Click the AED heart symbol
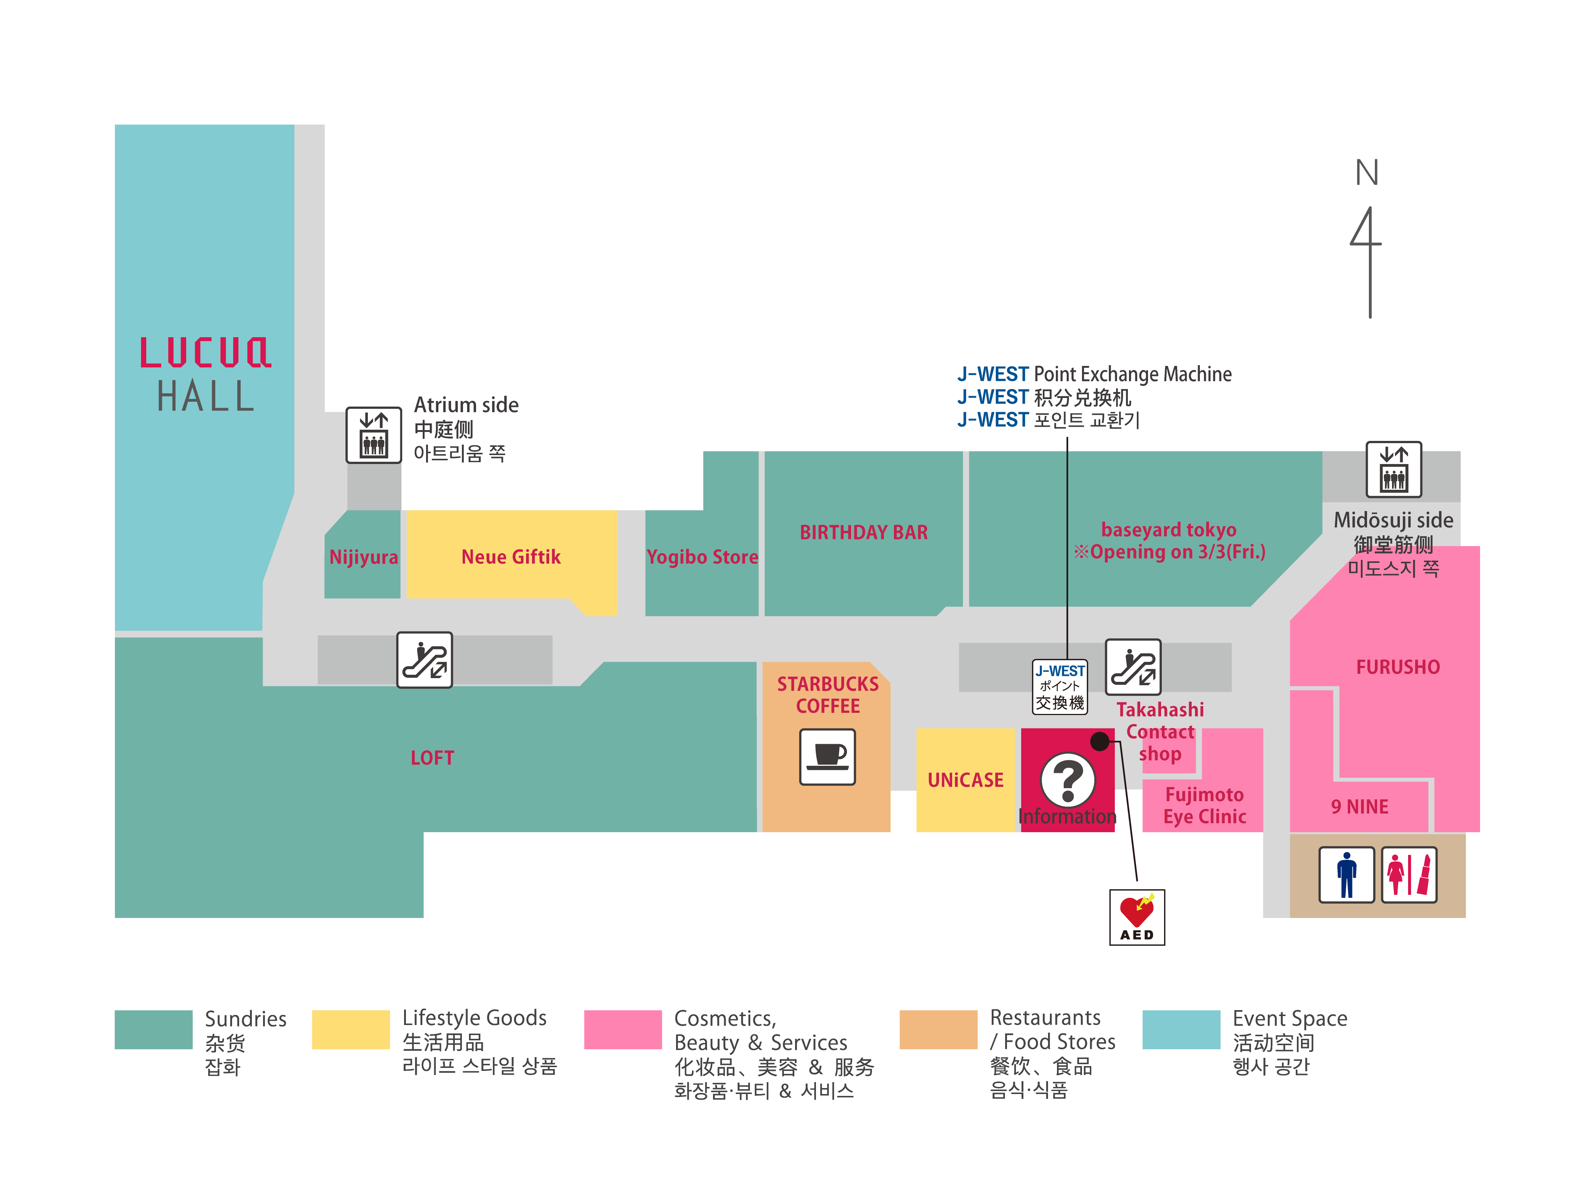click(x=1136, y=913)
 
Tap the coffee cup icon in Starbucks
click(x=828, y=756)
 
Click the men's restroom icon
click(x=1346, y=874)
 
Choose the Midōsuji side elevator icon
click(x=1394, y=469)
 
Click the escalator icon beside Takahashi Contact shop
click(x=1133, y=667)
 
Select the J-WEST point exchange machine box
click(x=1060, y=687)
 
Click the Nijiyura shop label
click(x=363, y=557)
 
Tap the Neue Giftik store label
click(x=511, y=557)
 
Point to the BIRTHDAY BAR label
click(x=864, y=533)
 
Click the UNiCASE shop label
click(x=965, y=780)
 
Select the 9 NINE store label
click(x=1360, y=807)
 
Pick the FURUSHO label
click(x=1398, y=667)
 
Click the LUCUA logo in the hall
click(x=205, y=352)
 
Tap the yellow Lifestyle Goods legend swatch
click(x=350, y=1029)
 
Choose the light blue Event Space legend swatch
click(x=1181, y=1029)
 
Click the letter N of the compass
click(x=1367, y=173)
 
